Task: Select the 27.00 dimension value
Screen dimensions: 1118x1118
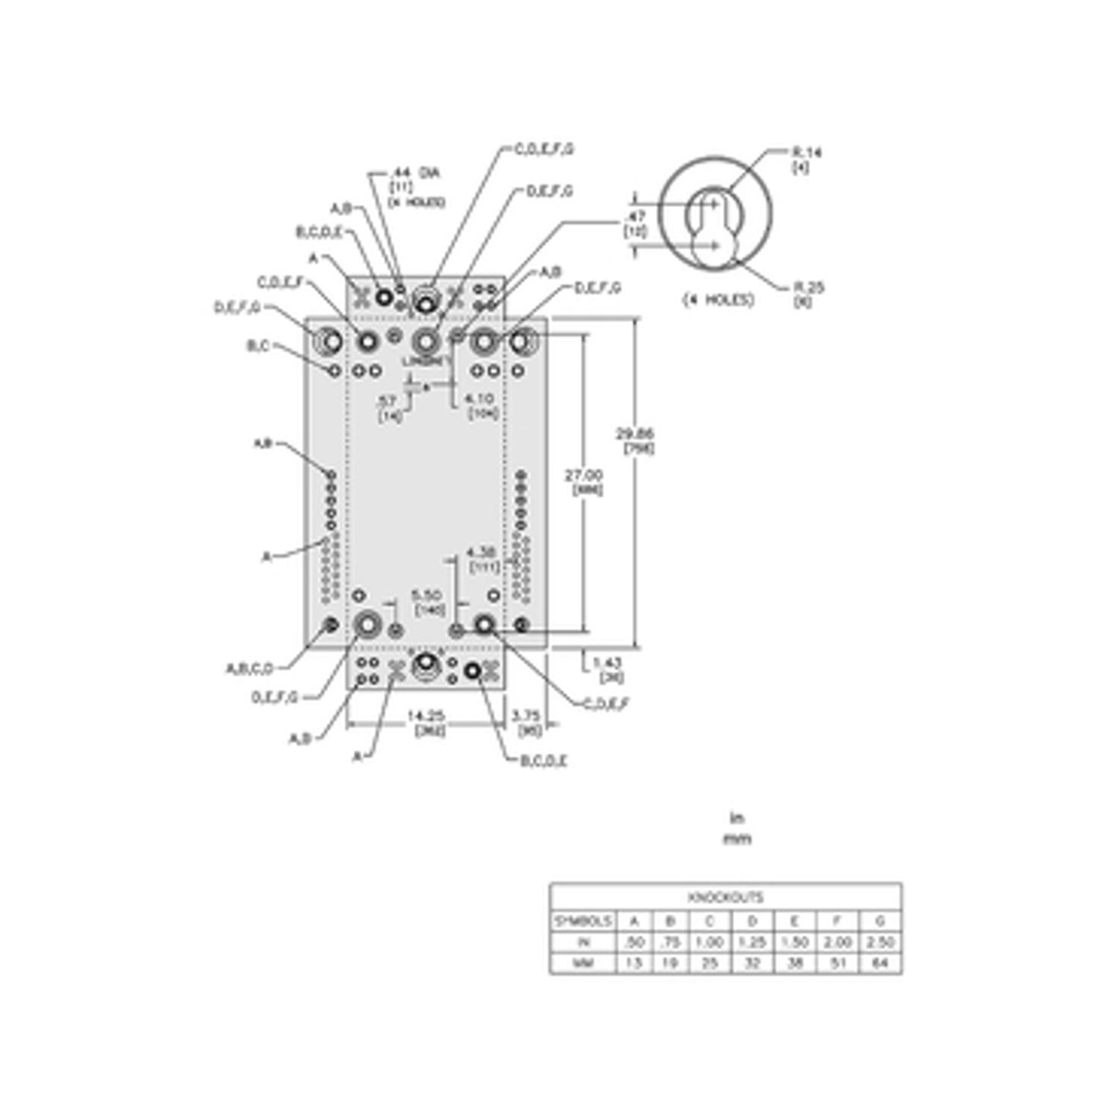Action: (584, 475)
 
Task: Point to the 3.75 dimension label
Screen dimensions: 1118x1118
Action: (527, 715)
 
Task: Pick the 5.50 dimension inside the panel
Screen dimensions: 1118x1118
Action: (429, 594)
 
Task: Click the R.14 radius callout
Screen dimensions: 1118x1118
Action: (806, 152)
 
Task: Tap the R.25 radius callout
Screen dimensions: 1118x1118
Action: (806, 287)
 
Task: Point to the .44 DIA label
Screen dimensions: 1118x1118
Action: (416, 172)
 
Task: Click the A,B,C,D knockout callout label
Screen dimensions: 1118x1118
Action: (250, 668)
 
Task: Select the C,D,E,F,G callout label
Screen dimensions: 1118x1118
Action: (544, 148)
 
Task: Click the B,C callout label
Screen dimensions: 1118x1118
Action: (258, 346)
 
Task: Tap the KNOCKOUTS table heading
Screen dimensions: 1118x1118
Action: (725, 897)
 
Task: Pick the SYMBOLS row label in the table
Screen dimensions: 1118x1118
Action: (583, 920)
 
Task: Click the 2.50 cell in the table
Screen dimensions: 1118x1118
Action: (879, 942)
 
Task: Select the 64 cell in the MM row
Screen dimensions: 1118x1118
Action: (879, 963)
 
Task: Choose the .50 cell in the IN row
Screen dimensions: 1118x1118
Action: (634, 942)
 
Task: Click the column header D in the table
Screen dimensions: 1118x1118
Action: (752, 920)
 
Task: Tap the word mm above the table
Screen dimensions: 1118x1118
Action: (737, 838)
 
